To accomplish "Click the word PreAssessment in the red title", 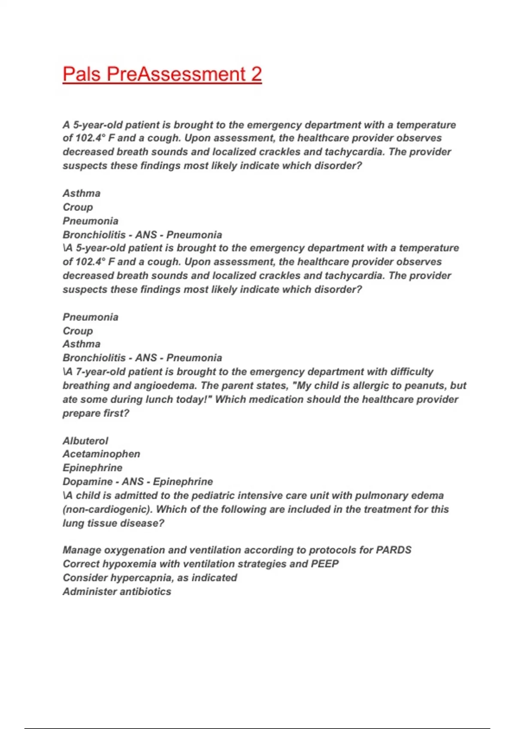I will click(176, 74).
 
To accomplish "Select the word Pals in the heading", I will click(82, 74).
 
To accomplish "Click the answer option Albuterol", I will click(85, 440).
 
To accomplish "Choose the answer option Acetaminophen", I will click(101, 454).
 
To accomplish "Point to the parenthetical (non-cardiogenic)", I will click(107, 509).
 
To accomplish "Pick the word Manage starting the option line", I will click(82, 550).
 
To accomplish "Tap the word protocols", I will click(332, 550).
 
